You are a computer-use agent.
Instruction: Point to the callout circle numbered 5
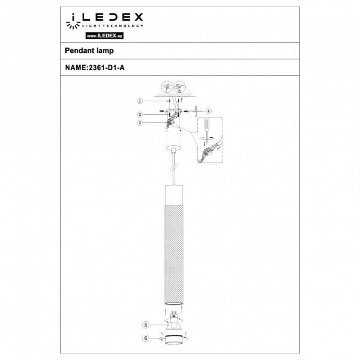pyautogui.click(x=146, y=324)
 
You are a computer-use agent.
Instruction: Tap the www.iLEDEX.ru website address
pyautogui.click(x=104, y=35)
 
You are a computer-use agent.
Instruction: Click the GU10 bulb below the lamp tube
pyautogui.click(x=173, y=322)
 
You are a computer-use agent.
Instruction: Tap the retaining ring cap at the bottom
pyautogui.click(x=173, y=338)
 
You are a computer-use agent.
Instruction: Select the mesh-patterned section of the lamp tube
pyautogui.click(x=173, y=252)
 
